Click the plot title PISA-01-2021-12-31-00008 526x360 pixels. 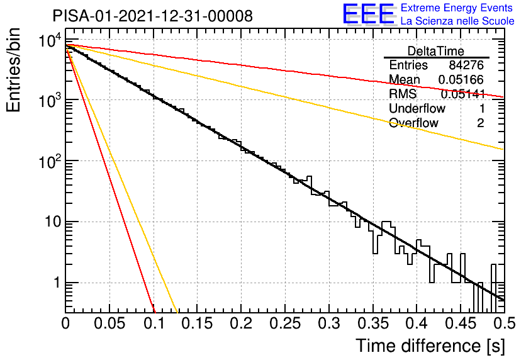[153, 16]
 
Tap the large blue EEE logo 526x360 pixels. [369, 14]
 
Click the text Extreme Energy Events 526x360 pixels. [457, 8]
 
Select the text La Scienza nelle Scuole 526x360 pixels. [457, 21]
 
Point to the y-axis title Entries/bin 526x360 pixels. [13, 70]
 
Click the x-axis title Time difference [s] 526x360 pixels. [430, 346]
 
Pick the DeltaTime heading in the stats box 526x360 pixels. [436, 51]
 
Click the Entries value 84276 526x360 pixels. [466, 65]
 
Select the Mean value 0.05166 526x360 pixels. [461, 79]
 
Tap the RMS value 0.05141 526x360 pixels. [463, 94]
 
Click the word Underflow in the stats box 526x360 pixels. [417, 108]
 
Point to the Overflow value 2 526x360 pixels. [480, 123]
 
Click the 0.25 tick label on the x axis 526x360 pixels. [285, 323]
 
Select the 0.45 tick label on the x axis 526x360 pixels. [461, 323]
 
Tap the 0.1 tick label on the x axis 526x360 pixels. [154, 323]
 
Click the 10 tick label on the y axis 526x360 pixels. [53, 222]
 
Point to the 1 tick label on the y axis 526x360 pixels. [57, 283]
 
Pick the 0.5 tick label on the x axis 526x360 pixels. [504, 323]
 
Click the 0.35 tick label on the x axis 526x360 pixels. [373, 323]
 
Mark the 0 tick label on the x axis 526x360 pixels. [65, 323]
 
